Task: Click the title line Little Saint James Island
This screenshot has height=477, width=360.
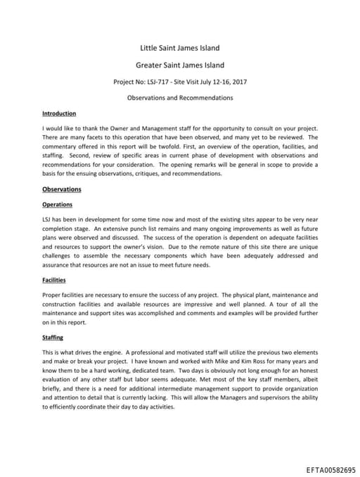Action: tap(179, 48)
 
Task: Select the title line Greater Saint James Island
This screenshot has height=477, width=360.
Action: tap(179, 65)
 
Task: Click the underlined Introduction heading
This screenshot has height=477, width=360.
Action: tap(59, 113)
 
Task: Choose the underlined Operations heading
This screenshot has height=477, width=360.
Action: tap(58, 205)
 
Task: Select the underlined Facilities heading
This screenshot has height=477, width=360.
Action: tap(55, 280)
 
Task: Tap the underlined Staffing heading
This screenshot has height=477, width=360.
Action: tap(53, 338)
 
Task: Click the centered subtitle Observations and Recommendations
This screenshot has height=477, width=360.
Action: tap(179, 97)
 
